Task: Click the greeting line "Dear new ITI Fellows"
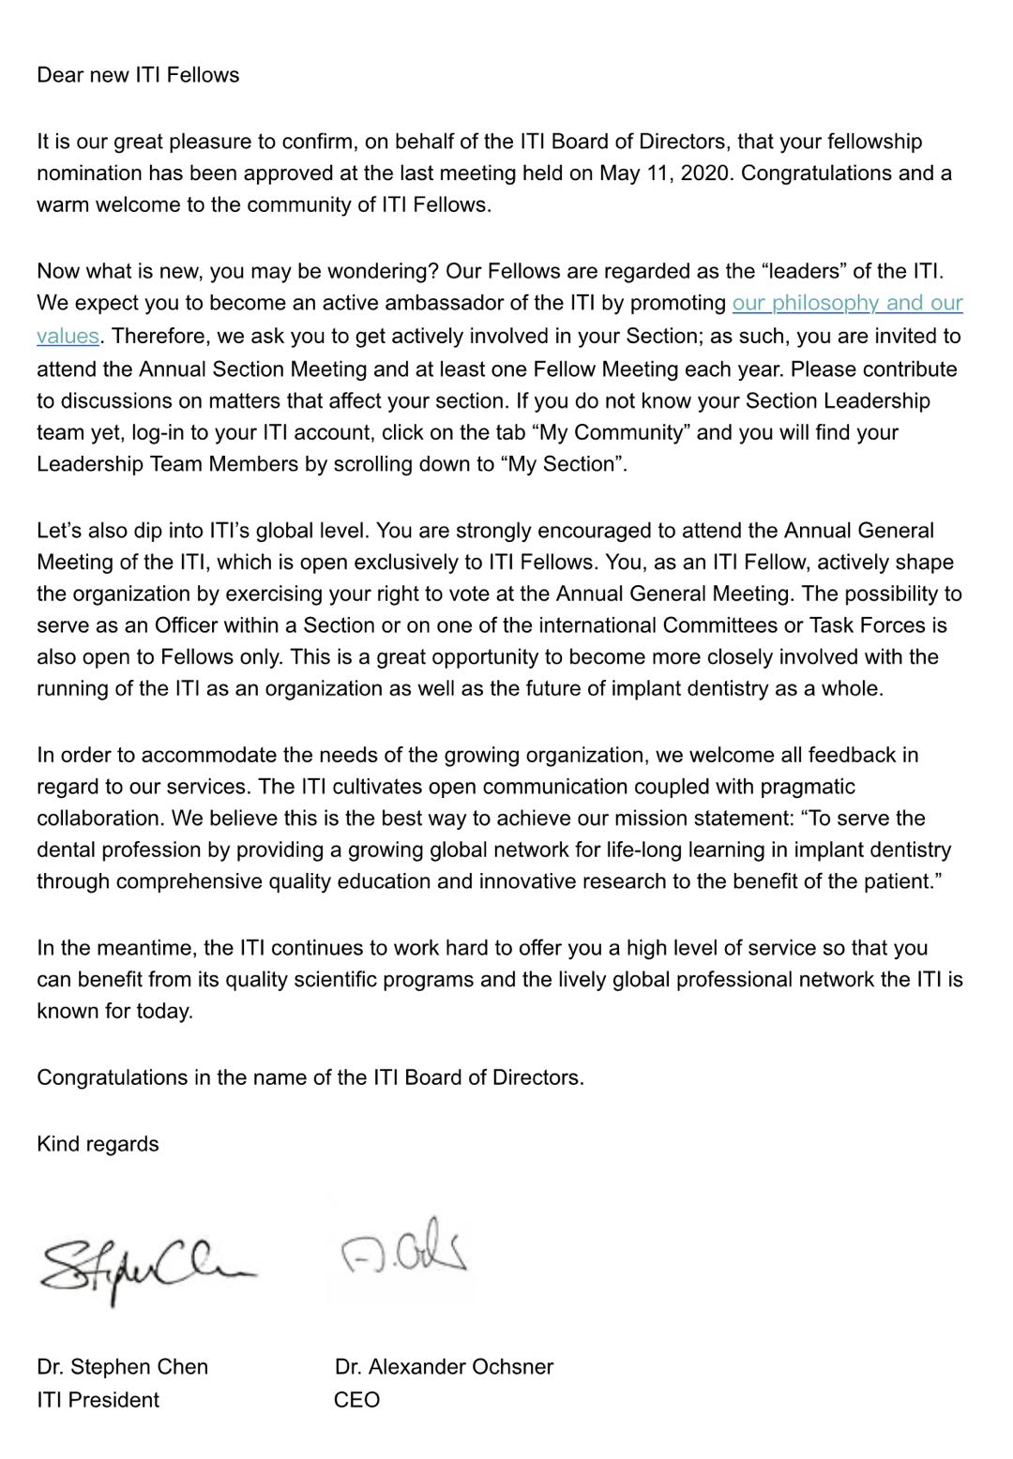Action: (138, 75)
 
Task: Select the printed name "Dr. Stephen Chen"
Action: (123, 1366)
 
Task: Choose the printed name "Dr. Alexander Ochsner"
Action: (444, 1366)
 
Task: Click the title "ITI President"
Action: (98, 1399)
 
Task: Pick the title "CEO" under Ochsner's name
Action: (357, 1399)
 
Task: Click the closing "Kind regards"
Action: (98, 1144)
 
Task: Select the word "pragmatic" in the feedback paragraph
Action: (808, 787)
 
